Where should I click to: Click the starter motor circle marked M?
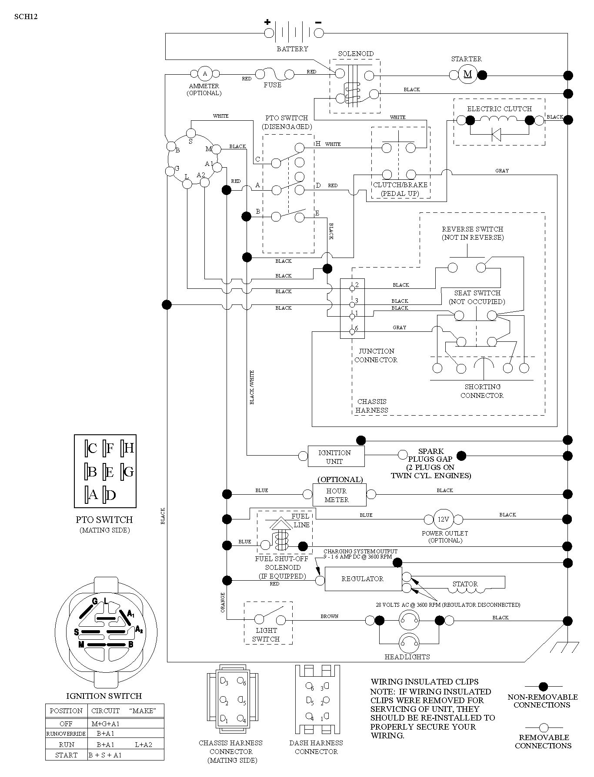coord(468,74)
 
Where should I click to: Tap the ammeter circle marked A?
coord(205,73)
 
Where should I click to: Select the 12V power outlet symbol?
coord(443,519)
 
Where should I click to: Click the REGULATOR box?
coord(363,579)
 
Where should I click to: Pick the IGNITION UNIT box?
coord(336,456)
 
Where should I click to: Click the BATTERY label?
coord(292,49)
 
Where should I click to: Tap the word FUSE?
coord(273,85)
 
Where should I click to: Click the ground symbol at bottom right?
coord(564,647)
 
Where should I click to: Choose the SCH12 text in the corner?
coord(26,17)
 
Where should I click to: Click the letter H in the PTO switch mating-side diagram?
coord(129,448)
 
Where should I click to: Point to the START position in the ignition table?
coord(66,755)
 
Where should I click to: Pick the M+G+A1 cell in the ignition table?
coord(105,724)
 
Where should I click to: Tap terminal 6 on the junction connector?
coord(352,332)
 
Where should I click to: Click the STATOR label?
coord(465,584)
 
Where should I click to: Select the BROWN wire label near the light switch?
coord(329,616)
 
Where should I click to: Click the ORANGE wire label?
coord(223,602)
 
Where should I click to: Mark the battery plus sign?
coord(267,22)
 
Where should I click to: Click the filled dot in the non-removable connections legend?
coord(543,686)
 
